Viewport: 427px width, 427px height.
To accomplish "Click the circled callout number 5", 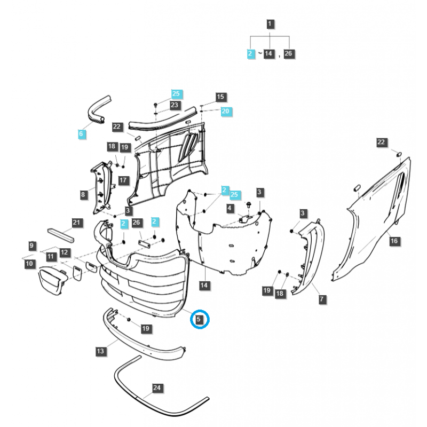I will click(199, 320).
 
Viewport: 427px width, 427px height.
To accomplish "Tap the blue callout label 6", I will click(81, 134).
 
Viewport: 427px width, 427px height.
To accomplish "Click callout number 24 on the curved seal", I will click(156, 388).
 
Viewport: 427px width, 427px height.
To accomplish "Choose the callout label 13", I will click(100, 351).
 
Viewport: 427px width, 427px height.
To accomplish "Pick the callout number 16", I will click(394, 241).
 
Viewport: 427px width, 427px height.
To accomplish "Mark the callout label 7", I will click(322, 299).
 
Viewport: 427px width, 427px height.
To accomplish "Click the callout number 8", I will click(83, 195).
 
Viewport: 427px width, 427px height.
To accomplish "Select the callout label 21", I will click(76, 222).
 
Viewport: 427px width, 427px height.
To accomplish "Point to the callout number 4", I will click(230, 208).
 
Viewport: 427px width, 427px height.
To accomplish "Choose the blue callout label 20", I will click(225, 110).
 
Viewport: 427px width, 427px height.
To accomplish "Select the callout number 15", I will click(220, 97).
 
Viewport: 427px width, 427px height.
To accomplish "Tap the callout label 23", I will click(175, 105).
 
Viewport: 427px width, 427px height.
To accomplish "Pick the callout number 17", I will click(123, 180).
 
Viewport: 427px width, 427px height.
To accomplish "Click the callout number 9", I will click(32, 246).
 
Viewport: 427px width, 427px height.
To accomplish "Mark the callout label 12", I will click(64, 252).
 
